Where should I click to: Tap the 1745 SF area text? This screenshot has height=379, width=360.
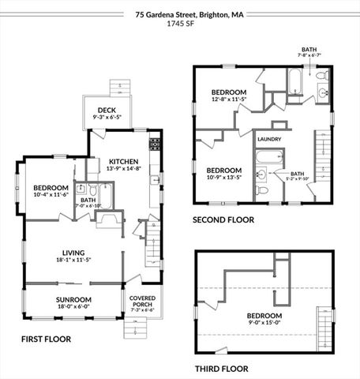point(179,24)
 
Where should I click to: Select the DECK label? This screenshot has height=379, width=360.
point(107,111)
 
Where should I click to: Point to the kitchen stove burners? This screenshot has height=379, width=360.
point(156,144)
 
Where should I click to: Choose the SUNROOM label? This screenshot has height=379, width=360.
point(73,300)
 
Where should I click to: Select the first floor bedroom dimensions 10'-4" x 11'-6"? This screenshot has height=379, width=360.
point(51,194)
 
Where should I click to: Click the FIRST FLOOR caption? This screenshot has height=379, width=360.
point(46,339)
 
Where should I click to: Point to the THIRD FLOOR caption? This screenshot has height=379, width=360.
point(221,369)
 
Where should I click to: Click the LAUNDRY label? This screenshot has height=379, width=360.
point(269,139)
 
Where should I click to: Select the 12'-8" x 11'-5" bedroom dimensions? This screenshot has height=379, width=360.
point(228,100)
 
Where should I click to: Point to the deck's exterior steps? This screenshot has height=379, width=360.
point(119,85)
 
